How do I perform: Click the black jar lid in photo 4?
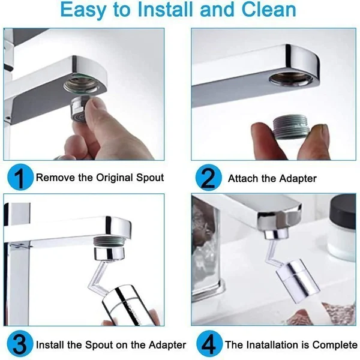tap(340, 211)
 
